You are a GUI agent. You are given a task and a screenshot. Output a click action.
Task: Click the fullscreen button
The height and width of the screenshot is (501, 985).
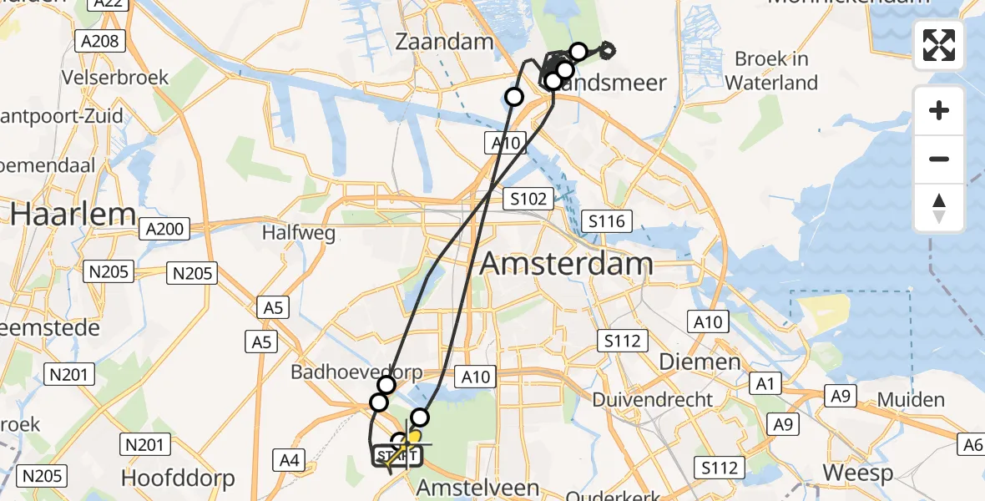(939, 45)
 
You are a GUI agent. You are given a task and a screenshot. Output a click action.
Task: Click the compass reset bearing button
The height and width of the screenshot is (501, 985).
(939, 208)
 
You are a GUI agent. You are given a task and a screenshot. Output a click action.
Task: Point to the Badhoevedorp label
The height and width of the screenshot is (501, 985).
(356, 372)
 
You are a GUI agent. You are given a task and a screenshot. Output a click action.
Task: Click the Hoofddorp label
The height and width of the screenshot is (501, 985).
(178, 478)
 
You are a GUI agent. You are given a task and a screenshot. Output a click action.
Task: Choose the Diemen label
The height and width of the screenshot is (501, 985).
(700, 362)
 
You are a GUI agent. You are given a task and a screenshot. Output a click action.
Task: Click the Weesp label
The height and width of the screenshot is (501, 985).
(857, 473)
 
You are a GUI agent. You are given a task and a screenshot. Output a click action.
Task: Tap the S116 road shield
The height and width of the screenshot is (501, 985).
(607, 221)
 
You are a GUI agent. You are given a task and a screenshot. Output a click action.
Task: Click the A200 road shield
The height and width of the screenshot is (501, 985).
(167, 228)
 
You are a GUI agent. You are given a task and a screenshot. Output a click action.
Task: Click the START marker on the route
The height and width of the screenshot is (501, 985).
(397, 456)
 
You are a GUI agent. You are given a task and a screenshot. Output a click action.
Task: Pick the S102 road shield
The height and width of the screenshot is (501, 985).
(529, 199)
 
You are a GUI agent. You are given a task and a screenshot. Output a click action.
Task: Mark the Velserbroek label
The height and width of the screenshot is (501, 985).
(115, 78)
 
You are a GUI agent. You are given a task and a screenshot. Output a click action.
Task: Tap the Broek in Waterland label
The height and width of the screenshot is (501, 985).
(771, 71)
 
